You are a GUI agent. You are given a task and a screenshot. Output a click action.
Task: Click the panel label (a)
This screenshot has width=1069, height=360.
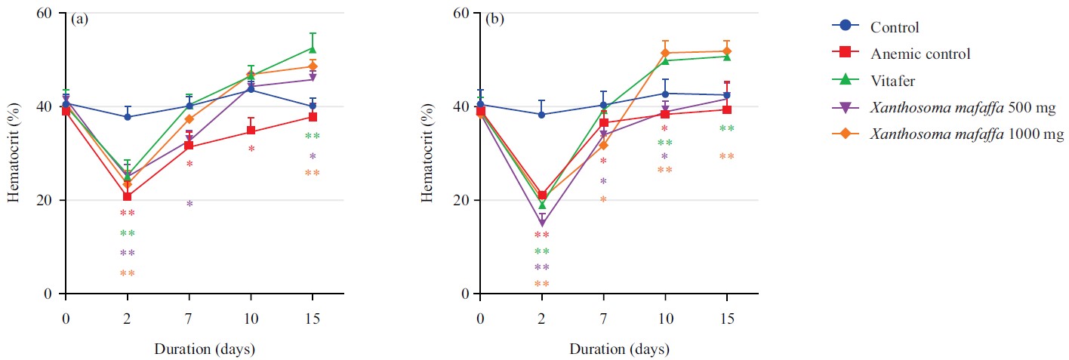coord(80,19)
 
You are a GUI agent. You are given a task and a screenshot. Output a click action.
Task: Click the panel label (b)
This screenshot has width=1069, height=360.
coord(494,19)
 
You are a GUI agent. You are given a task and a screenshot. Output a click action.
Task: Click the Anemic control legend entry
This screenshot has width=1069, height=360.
coord(920,54)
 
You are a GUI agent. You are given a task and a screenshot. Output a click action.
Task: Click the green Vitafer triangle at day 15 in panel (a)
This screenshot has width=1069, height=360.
coord(313,49)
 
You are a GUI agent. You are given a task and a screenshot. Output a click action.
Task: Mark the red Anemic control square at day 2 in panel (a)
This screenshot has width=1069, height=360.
coord(128,197)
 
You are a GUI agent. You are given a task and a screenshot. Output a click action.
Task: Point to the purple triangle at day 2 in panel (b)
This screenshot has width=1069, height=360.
coord(541,223)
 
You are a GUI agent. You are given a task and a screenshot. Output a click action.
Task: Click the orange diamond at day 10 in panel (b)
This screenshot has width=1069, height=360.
coord(665,53)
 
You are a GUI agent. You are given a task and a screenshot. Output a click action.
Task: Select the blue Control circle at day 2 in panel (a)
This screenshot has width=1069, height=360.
coord(128,117)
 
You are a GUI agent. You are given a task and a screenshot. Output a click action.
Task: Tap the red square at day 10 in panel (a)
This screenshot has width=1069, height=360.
coord(251,131)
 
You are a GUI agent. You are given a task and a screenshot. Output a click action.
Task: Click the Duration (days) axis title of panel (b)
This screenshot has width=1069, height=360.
coord(603,349)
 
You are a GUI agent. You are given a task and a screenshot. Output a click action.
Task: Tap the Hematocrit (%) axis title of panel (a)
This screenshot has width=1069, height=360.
coord(14,153)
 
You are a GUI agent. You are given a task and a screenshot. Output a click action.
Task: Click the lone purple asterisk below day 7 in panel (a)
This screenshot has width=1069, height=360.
coord(189,205)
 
